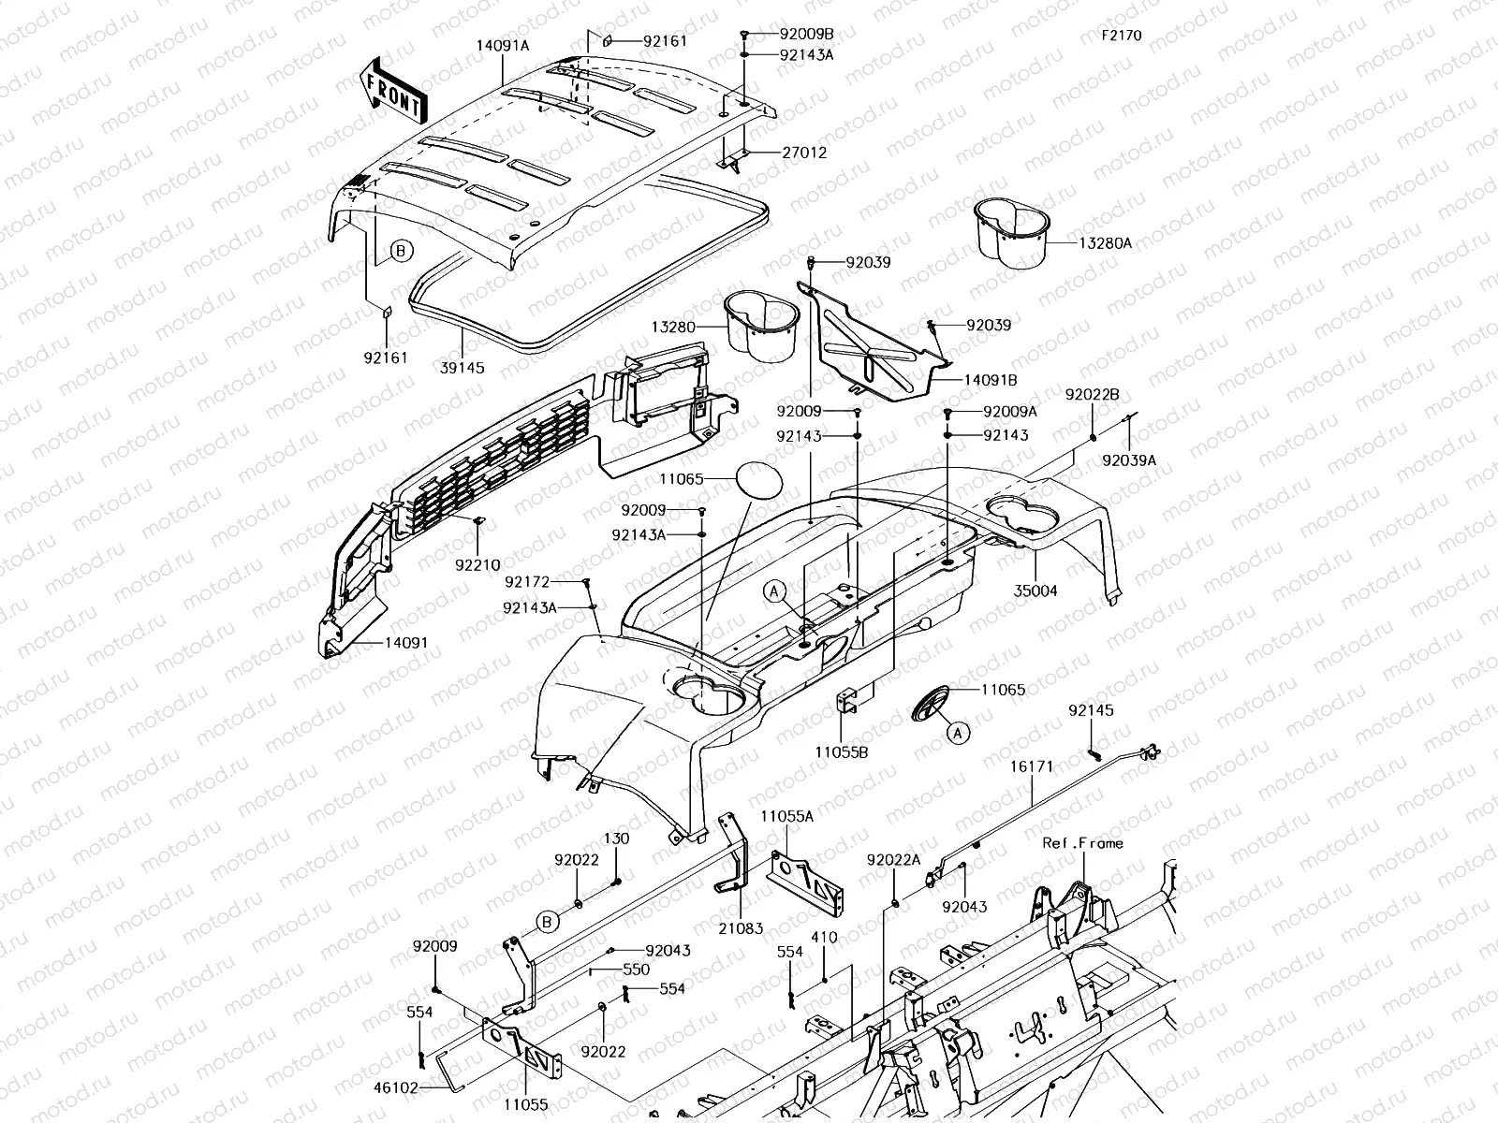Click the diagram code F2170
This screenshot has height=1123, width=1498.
tap(1122, 35)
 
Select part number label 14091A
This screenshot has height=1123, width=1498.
tap(503, 46)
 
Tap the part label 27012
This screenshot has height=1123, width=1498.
tap(804, 152)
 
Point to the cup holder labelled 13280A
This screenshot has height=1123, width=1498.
tap(1011, 232)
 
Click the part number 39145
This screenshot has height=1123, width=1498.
tap(462, 368)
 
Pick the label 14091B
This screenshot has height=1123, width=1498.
tap(991, 380)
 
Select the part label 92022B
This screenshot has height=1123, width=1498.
tap(1092, 394)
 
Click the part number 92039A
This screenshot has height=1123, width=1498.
tap(1129, 460)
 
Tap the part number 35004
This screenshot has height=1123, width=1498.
tap(1035, 591)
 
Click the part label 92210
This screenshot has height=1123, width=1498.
tap(477, 564)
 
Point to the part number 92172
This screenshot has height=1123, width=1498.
tap(527, 581)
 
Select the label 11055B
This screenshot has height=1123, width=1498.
tap(842, 752)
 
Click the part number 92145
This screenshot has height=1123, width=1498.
tap(1091, 709)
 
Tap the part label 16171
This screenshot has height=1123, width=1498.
tap(1032, 766)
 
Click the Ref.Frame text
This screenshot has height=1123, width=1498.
tap(1082, 843)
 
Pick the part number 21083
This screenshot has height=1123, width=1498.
tap(741, 928)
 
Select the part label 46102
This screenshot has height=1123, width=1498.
tap(395, 1087)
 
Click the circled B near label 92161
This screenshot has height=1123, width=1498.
tap(401, 251)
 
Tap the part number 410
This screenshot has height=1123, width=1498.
tap(824, 937)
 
